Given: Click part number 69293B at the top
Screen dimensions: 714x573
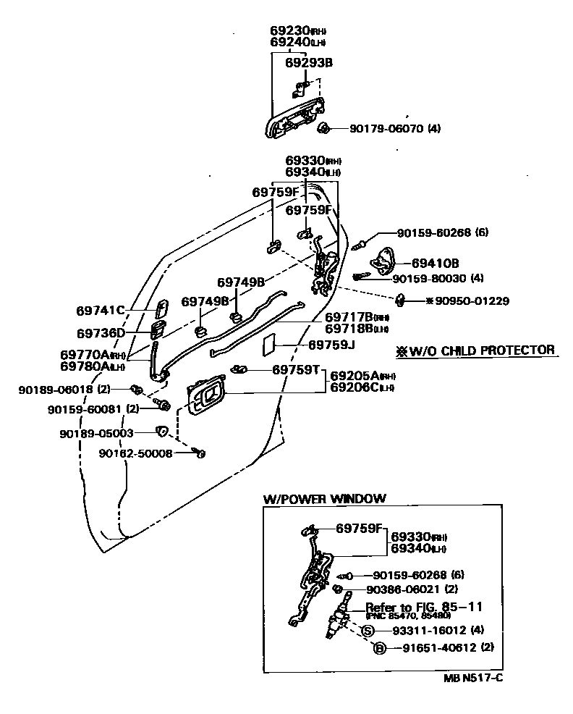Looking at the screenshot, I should (x=308, y=63).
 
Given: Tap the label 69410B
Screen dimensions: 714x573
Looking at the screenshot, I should (x=436, y=264).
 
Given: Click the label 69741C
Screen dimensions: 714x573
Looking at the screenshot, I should (x=101, y=311).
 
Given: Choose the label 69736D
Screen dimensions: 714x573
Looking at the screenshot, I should (x=101, y=332).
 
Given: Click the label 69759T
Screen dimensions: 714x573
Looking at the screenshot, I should (x=296, y=369).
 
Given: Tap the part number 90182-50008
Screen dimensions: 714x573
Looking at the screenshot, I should (x=135, y=454).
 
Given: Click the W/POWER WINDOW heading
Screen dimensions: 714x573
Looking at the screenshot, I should (x=324, y=498).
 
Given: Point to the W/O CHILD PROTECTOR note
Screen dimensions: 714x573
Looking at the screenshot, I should (x=475, y=350).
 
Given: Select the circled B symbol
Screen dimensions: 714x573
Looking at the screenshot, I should (x=378, y=648).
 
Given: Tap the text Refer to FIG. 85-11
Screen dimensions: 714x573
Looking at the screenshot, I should (x=423, y=607).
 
